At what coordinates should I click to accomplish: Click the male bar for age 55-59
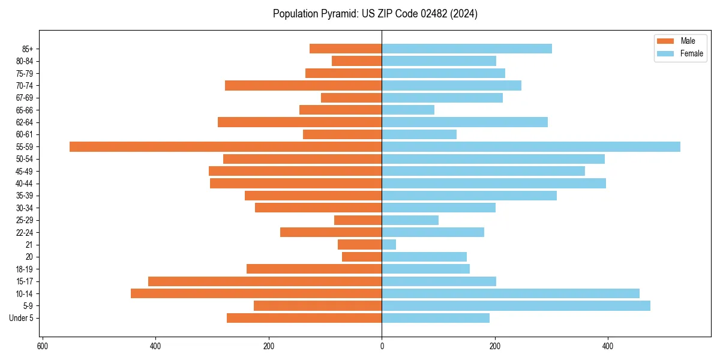pos(226,146)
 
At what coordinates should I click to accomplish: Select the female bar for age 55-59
pos(531,146)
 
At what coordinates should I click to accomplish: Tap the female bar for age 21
pos(389,245)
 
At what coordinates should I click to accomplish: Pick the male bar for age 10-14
pos(256,293)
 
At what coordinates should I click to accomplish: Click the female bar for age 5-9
pos(516,306)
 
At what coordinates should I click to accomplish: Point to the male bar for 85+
pos(346,49)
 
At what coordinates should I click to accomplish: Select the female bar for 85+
pos(467,49)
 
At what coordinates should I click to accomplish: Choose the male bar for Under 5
pos(304,318)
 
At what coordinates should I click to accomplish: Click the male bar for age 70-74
pos(304,85)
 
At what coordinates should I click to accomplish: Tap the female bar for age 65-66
pos(408,110)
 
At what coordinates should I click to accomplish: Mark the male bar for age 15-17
pos(265,281)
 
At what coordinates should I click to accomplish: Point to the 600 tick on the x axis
pos(43,346)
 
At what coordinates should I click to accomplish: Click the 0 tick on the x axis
pos(382,346)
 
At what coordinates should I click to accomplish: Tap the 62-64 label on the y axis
pos(25,122)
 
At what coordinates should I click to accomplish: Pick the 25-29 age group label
pos(25,220)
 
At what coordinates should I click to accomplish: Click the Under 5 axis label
pos(22,318)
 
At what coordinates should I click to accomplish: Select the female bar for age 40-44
pos(494,184)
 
